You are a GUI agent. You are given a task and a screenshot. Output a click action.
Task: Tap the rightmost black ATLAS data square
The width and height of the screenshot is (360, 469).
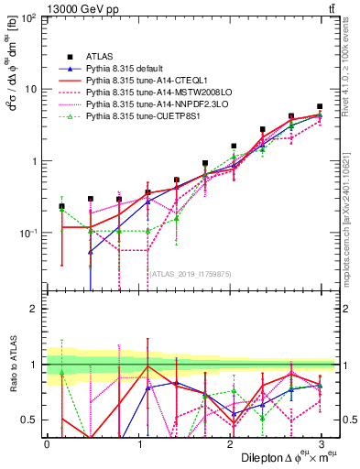[x=320, y=106]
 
